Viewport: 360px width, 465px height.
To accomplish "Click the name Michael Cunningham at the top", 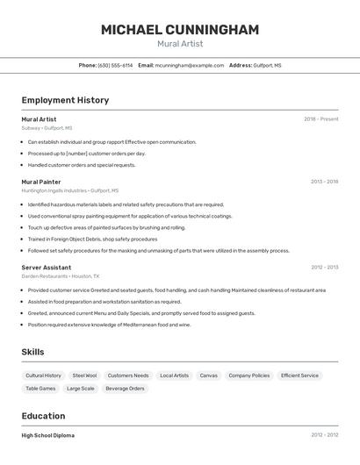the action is pyautogui.click(x=180, y=30).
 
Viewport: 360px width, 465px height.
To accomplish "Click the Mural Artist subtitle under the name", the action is pyautogui.click(x=180, y=44).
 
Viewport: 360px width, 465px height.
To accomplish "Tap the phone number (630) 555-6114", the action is pyautogui.click(x=115, y=65).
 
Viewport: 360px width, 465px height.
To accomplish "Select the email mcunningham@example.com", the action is pyautogui.click(x=190, y=65).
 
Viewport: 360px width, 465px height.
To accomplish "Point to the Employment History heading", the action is pyautogui.click(x=65, y=100).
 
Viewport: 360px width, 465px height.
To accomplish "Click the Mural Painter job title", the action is pyautogui.click(x=41, y=182).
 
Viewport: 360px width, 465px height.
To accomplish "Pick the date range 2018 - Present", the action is pyautogui.click(x=320, y=119).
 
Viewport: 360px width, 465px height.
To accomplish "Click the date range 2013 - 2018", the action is pyautogui.click(x=324, y=182).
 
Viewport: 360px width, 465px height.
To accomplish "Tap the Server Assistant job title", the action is pyautogui.click(x=47, y=267).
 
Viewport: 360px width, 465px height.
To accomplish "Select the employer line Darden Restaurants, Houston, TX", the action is pyautogui.click(x=61, y=275).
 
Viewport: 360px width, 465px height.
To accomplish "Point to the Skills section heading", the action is pyautogui.click(x=33, y=352).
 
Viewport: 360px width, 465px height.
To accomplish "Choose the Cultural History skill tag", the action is pyautogui.click(x=43, y=376).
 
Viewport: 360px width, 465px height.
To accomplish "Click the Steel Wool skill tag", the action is pyautogui.click(x=84, y=376).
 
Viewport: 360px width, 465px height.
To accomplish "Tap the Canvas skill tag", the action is pyautogui.click(x=208, y=376).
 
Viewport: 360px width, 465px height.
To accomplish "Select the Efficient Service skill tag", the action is pyautogui.click(x=299, y=376).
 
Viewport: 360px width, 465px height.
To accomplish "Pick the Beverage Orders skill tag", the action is pyautogui.click(x=125, y=388).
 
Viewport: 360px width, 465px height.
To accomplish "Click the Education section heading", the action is pyautogui.click(x=43, y=416).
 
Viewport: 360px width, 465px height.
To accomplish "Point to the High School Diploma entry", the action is pyautogui.click(x=48, y=435).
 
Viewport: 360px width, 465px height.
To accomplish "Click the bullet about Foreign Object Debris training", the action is pyautogui.click(x=92, y=239).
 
